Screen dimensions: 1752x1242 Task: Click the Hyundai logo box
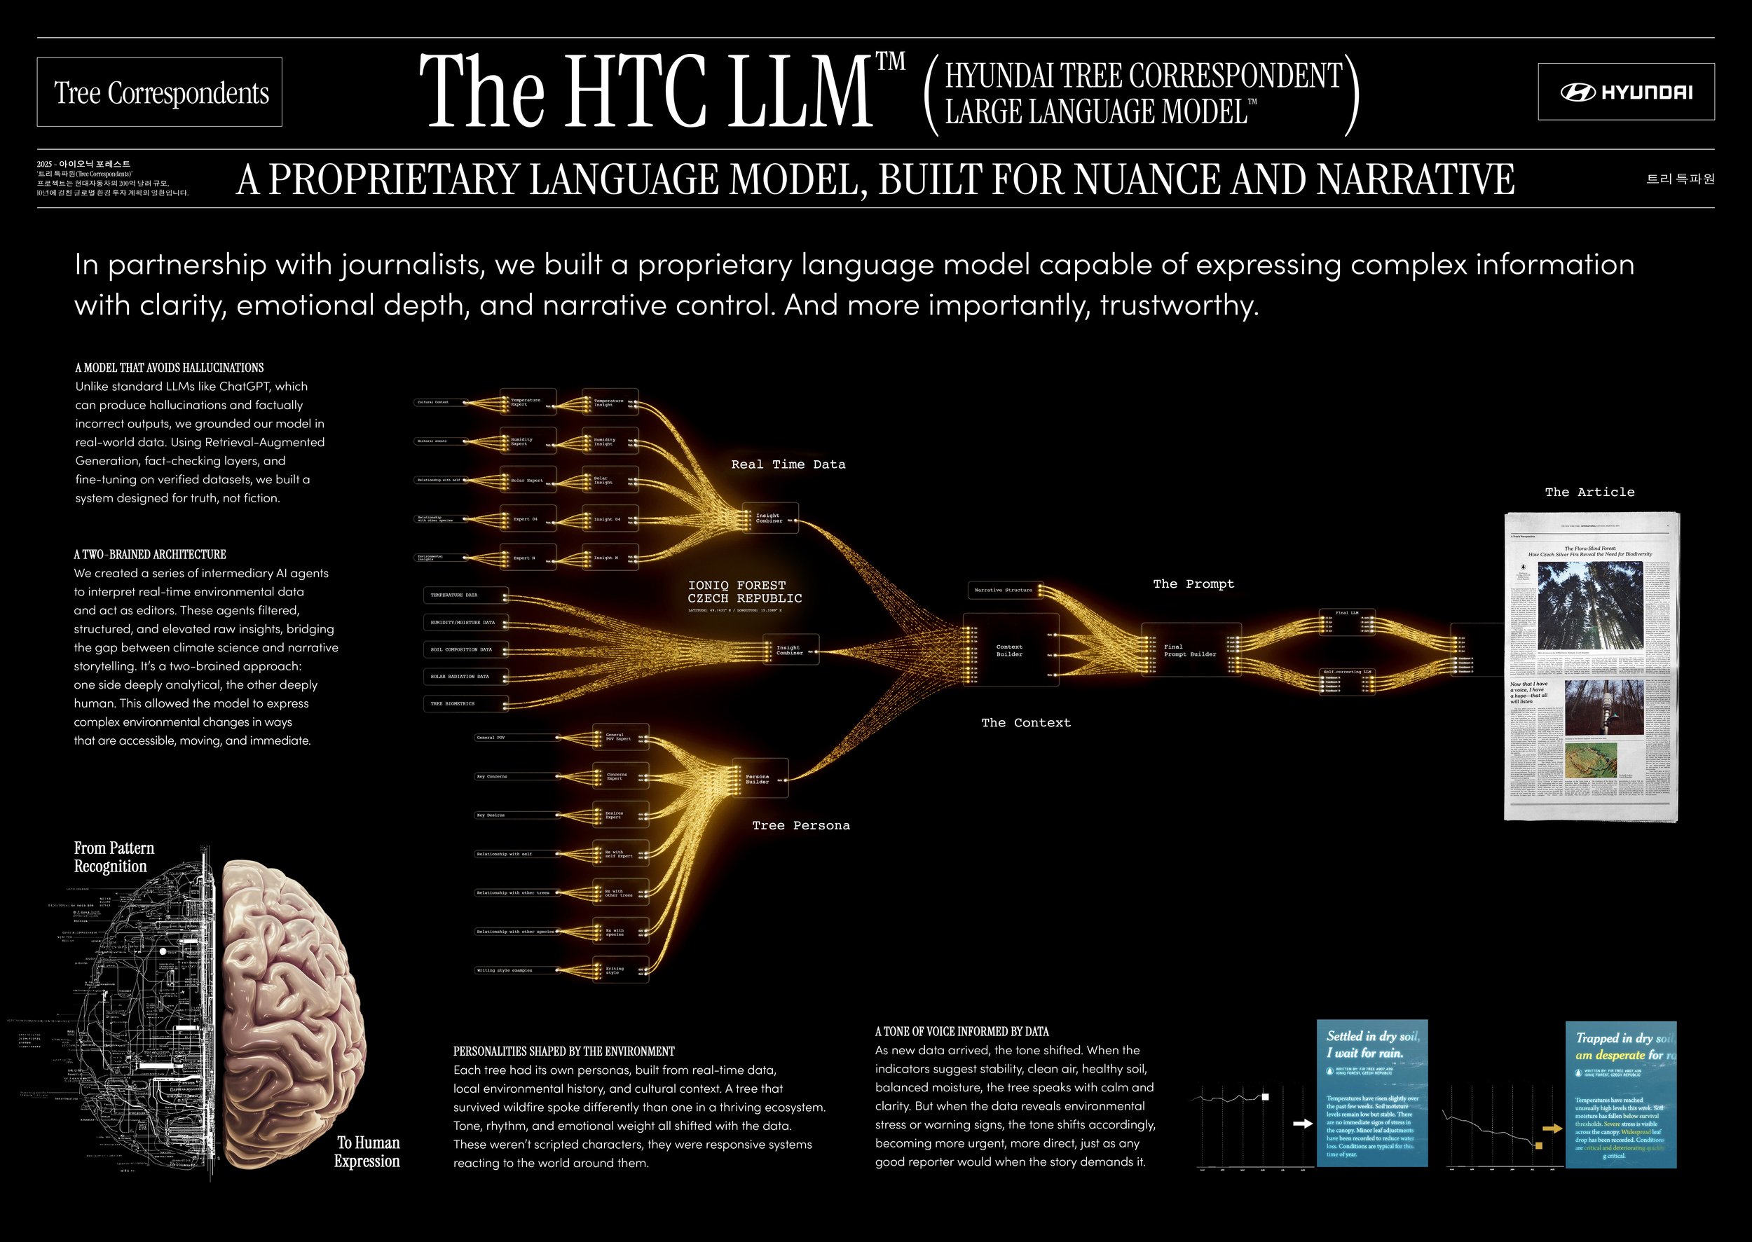pyautogui.click(x=1626, y=92)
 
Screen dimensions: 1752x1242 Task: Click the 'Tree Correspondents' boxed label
pyautogui.click(x=159, y=92)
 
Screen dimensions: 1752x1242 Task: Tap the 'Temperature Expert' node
pyautogui.click(x=528, y=402)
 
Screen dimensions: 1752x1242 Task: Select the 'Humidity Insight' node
pyautogui.click(x=610, y=441)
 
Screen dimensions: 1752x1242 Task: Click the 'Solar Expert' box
pyautogui.click(x=528, y=481)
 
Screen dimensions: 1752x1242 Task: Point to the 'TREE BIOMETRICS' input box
pyautogui.click(x=465, y=703)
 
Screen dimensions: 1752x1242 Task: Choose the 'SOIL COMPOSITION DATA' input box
pyautogui.click(x=465, y=649)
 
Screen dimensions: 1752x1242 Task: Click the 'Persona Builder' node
pyautogui.click(x=760, y=778)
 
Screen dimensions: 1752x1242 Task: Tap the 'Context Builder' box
pyautogui.click(x=1010, y=650)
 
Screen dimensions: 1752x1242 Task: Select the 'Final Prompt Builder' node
pyautogui.click(x=1191, y=650)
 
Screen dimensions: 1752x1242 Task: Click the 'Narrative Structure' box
pyautogui.click(x=1004, y=591)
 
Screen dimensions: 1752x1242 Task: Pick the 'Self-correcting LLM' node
pyautogui.click(x=1347, y=682)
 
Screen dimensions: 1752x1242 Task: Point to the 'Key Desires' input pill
pyautogui.click(x=516, y=815)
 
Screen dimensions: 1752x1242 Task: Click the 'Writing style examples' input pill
pyautogui.click(x=516, y=970)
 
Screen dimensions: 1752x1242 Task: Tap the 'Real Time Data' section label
pyautogui.click(x=788, y=464)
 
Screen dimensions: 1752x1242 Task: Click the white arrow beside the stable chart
pyautogui.click(x=1302, y=1124)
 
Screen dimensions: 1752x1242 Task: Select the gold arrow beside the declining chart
pyautogui.click(x=1552, y=1128)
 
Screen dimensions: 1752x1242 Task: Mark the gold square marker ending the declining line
pyautogui.click(x=1538, y=1145)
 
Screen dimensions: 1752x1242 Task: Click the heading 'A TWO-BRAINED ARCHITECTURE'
pyautogui.click(x=150, y=555)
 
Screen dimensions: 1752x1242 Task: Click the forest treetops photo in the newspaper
pyautogui.click(x=1590, y=606)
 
